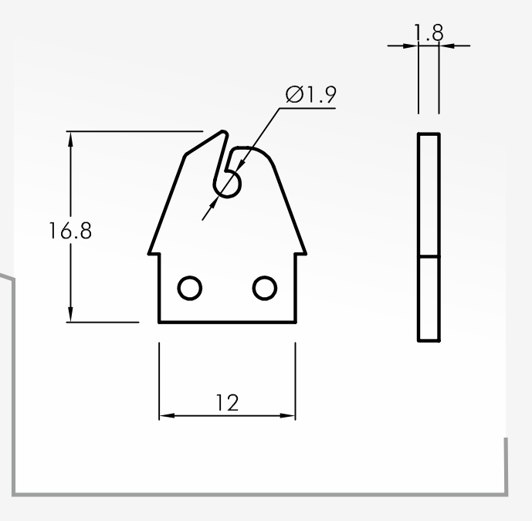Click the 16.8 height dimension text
tap(70, 231)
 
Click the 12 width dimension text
tap(227, 403)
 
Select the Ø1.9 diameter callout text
tap(311, 94)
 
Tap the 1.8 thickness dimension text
tap(429, 32)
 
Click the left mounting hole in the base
tap(190, 288)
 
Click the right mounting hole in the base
tap(265, 288)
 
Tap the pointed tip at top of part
tap(223, 131)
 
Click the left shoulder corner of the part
tap(148, 253)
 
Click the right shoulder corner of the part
tap(306, 253)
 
